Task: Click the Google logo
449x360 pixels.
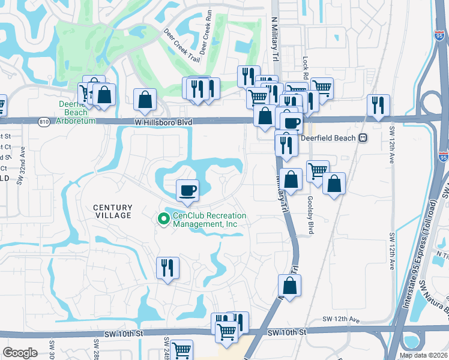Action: (20, 353)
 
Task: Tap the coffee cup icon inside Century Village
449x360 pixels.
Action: (187, 190)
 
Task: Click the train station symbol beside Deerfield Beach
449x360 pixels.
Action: (363, 137)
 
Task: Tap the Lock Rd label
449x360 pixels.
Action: (305, 70)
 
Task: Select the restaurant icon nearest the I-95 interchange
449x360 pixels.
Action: (378, 105)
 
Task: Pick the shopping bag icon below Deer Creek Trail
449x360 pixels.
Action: (145, 100)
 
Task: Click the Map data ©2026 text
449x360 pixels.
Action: (423, 355)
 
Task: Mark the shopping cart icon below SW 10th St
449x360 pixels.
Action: (181, 350)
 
